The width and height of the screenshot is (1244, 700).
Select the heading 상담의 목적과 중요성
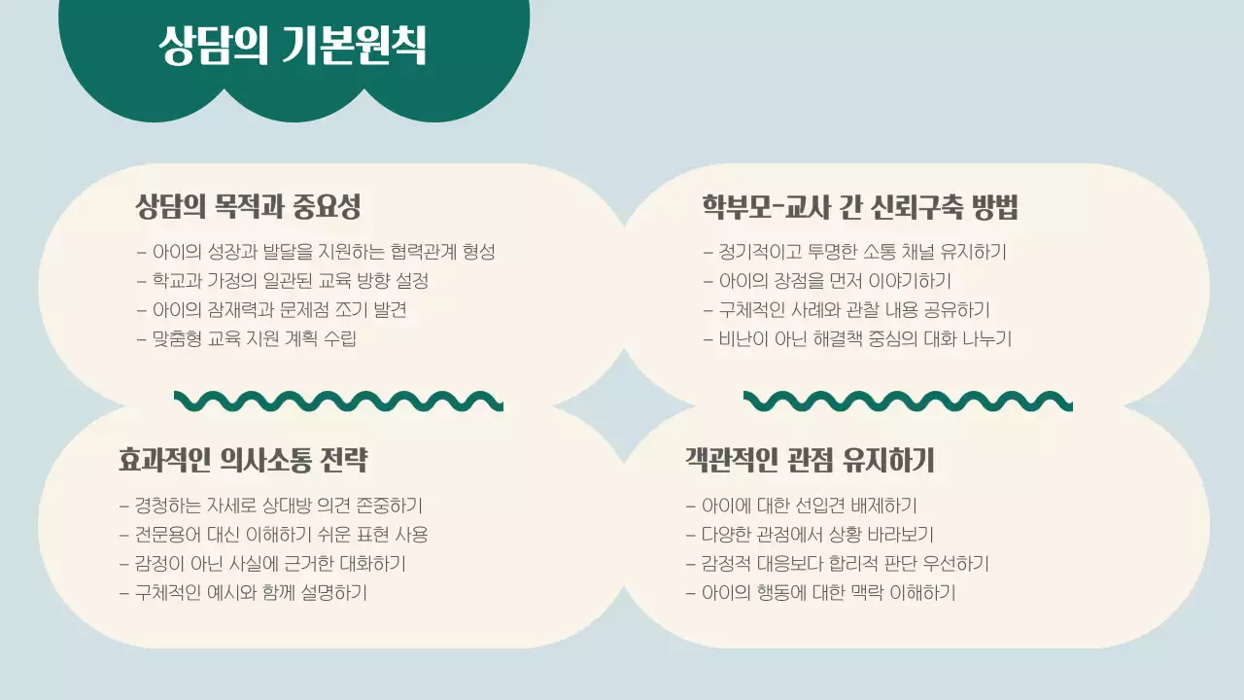249,207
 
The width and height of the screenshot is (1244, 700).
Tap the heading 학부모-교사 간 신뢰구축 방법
859,207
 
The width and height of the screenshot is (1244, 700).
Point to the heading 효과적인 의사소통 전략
243,460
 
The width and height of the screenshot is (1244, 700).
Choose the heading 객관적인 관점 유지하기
809,460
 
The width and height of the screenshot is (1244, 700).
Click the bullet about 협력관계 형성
317,253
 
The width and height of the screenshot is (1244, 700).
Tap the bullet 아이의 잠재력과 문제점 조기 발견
271,311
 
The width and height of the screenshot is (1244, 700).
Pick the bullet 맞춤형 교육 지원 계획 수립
247,340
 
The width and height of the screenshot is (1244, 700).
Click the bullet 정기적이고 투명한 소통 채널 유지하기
855,253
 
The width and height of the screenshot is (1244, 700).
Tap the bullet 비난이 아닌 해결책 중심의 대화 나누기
857,340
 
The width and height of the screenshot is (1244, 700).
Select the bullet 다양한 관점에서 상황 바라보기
810,536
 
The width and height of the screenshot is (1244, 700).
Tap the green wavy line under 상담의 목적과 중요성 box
338,401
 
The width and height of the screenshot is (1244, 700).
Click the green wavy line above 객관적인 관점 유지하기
908,401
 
